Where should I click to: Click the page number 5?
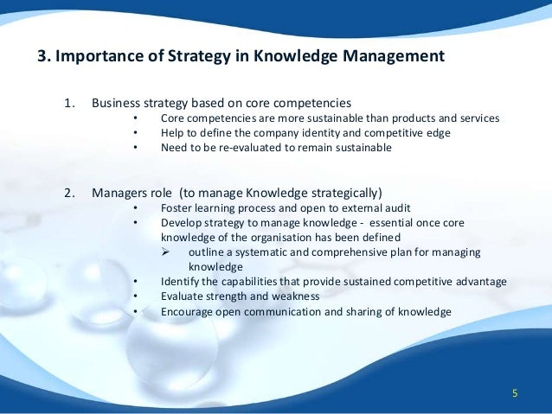point(515,394)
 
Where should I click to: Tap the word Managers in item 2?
point(119,192)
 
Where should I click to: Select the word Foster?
point(177,207)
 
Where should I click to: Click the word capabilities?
point(258,281)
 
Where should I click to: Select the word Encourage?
point(189,310)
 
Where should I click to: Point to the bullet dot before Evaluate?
point(137,296)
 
